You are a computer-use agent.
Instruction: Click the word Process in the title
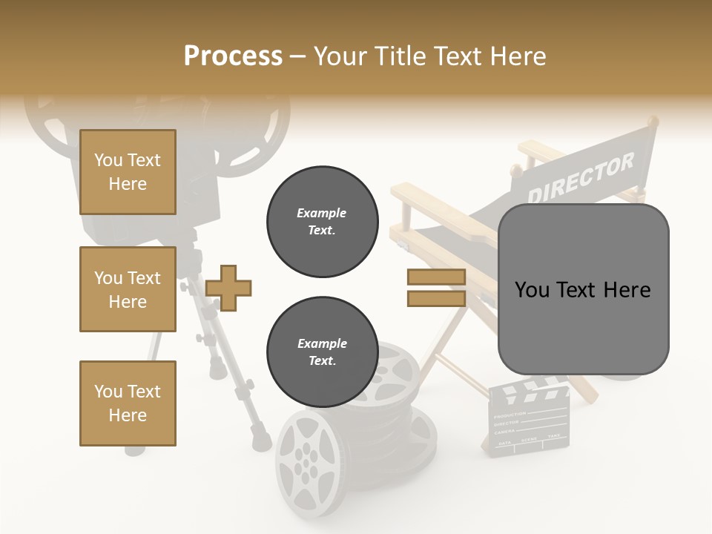[233, 56]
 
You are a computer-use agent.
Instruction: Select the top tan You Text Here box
[128, 172]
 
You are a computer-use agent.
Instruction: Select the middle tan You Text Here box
[128, 289]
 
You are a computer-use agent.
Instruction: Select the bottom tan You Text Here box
[128, 403]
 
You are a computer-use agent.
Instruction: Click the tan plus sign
[228, 287]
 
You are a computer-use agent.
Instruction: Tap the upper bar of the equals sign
[436, 277]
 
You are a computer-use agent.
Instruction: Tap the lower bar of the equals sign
[436, 299]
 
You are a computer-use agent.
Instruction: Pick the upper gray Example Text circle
[322, 222]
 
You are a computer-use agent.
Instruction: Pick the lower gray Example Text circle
[322, 352]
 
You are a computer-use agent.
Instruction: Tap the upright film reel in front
[305, 463]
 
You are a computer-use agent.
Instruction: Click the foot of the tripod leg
[260, 441]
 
